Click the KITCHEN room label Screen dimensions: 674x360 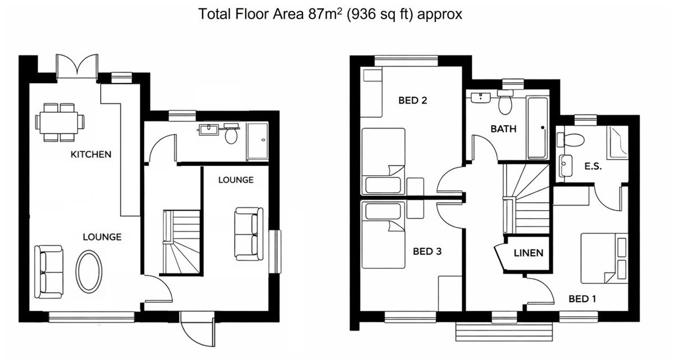(91, 154)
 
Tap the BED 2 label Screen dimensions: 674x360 (412, 101)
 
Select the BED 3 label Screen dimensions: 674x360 (427, 252)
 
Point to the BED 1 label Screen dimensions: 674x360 (582, 299)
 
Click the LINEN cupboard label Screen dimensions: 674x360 (529, 253)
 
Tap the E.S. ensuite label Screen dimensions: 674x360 (593, 166)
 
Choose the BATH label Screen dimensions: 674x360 (503, 129)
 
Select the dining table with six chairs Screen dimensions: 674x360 (60, 122)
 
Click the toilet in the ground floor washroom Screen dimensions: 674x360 (231, 134)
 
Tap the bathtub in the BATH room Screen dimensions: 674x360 (538, 128)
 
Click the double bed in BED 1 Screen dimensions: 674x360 (604, 258)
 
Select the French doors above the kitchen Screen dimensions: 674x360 (78, 67)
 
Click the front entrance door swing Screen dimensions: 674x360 (197, 330)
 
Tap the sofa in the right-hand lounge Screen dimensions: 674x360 (248, 234)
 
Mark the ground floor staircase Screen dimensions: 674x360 (181, 242)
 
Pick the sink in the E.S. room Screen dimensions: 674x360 (566, 166)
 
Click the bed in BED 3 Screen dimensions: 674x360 (383, 235)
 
